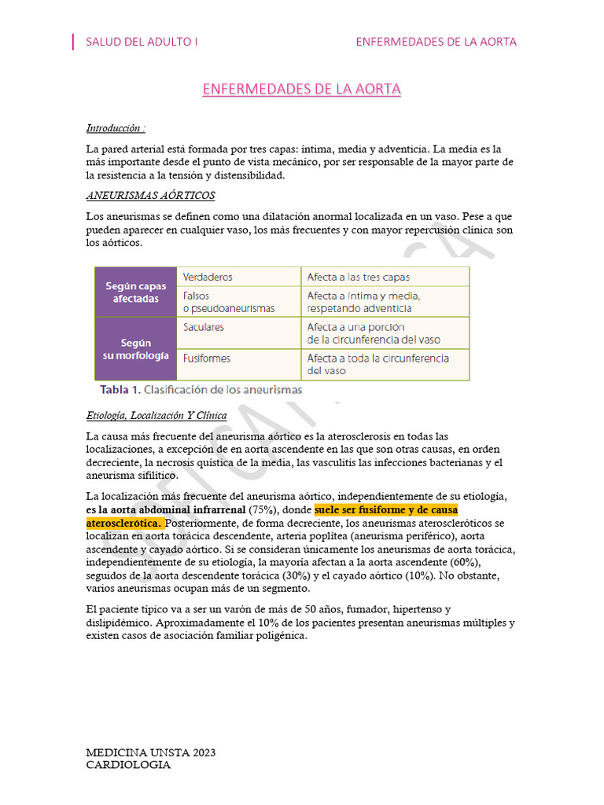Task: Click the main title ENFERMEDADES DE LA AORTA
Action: [301, 90]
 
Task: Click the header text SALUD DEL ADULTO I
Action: [142, 42]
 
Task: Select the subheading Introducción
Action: [115, 128]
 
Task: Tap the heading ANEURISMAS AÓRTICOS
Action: [150, 195]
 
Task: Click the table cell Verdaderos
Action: [208, 278]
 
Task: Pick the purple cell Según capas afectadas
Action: [136, 292]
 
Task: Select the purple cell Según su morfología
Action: [136, 349]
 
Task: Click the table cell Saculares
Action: [204, 327]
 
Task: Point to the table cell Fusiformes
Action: [207, 358]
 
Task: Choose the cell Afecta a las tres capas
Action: [358, 278]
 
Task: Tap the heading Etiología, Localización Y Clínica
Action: [157, 415]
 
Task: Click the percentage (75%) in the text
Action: [263, 509]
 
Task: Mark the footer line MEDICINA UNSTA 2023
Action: [150, 752]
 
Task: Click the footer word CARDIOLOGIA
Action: [128, 764]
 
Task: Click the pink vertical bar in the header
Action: [73, 42]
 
